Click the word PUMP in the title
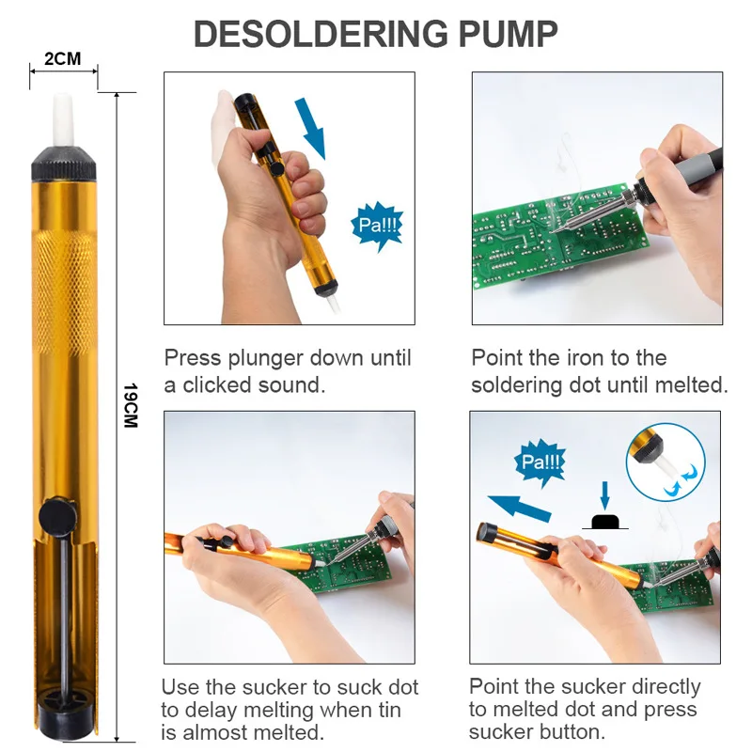pos(508,34)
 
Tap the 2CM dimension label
pos(63,59)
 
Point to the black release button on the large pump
pos(58,514)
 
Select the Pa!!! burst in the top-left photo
pos(377,225)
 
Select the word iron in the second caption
pos(592,358)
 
